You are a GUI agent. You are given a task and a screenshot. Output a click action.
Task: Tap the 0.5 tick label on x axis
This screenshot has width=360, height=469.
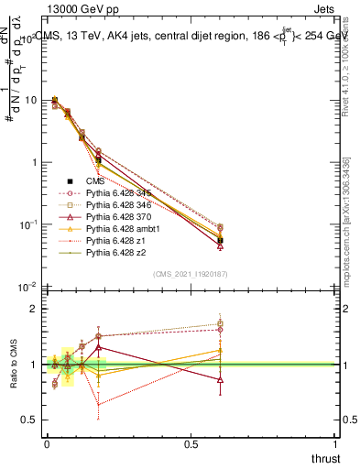click(x=191, y=444)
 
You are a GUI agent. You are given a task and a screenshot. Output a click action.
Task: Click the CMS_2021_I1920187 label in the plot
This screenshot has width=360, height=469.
click(x=190, y=274)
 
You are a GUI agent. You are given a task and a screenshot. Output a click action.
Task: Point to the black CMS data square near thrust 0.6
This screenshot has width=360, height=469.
click(x=220, y=240)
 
